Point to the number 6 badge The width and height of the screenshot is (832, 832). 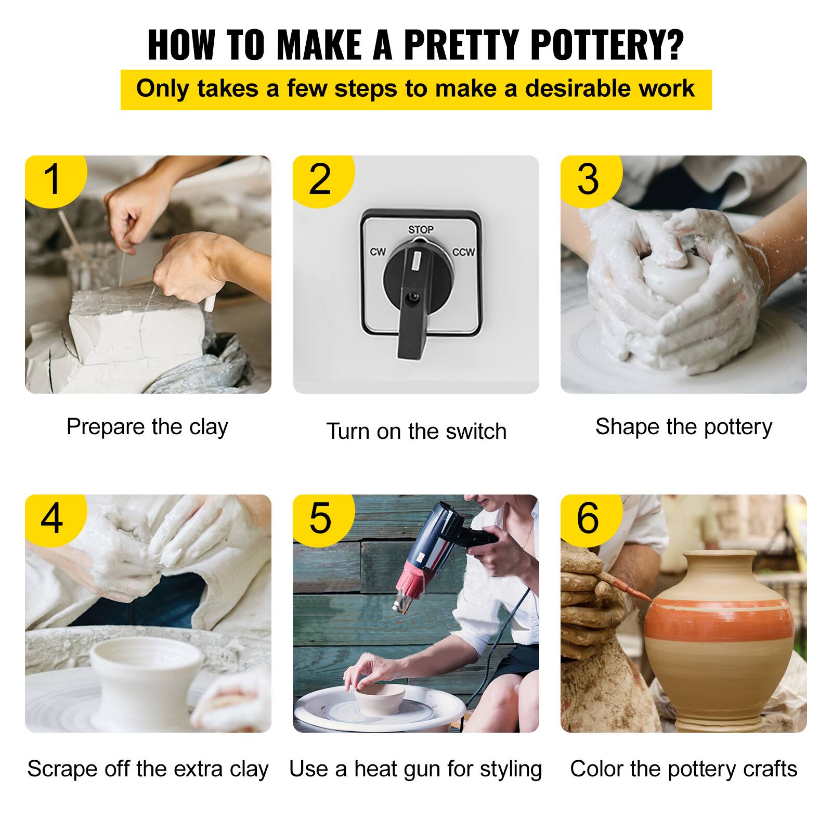[588, 518]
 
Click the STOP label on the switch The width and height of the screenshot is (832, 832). [421, 229]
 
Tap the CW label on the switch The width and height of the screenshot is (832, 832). [378, 252]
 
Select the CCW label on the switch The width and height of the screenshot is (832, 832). [463, 252]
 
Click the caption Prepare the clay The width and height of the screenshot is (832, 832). [147, 427]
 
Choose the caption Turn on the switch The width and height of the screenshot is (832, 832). [416, 432]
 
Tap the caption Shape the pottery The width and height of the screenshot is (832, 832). [683, 427]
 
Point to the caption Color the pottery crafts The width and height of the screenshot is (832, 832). [683, 769]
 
